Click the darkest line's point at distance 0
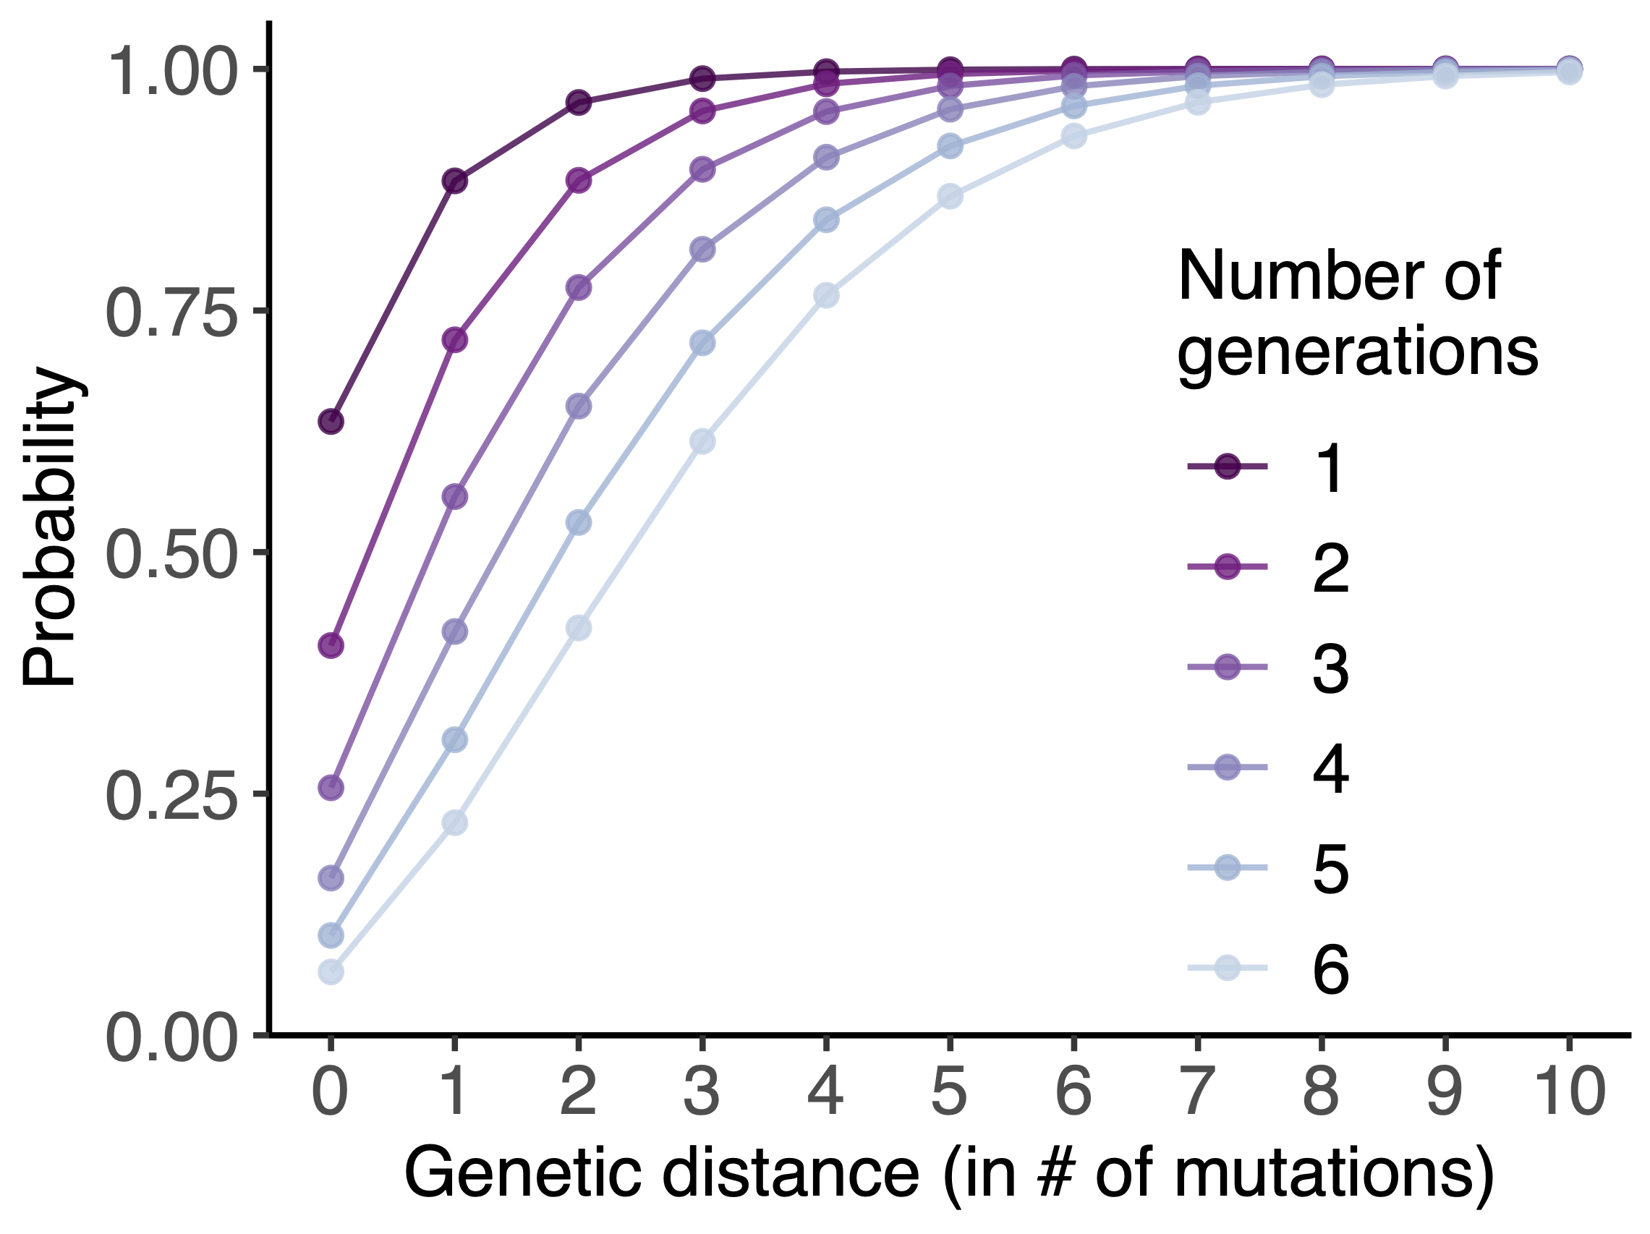(x=331, y=422)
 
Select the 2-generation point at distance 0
(x=331, y=644)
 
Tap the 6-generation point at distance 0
(x=331, y=972)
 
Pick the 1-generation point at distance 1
(x=454, y=181)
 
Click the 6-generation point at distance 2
(x=578, y=628)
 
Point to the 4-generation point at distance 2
(x=578, y=407)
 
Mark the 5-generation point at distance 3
(x=702, y=343)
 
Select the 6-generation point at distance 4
(x=826, y=295)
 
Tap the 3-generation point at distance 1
(x=454, y=496)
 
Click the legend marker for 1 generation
(x=1227, y=467)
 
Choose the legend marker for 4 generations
(x=1227, y=767)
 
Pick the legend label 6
(x=1331, y=970)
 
